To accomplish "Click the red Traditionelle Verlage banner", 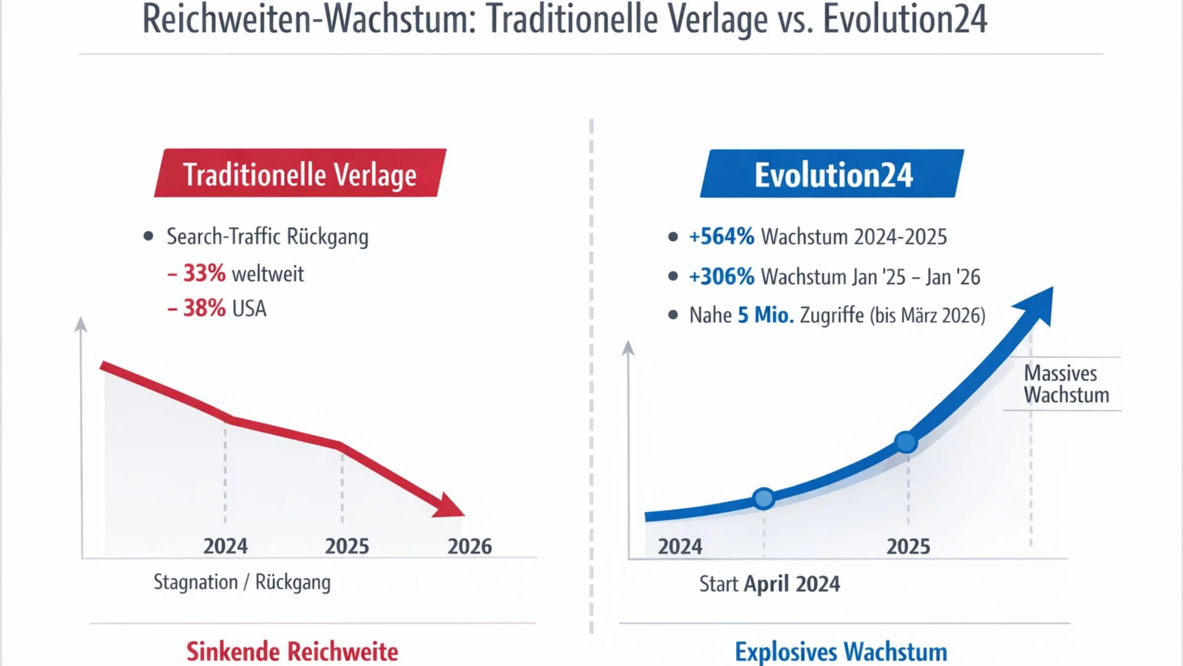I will [300, 173].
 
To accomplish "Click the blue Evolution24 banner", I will [832, 174].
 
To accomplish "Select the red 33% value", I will [204, 273].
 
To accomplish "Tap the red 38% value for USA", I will [204, 308].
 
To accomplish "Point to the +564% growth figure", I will [722, 237].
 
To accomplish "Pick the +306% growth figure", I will [722, 277].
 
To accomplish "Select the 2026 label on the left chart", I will [470, 546].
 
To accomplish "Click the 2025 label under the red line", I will [347, 546].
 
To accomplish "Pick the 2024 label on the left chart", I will [226, 546].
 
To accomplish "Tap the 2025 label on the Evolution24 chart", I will [908, 546].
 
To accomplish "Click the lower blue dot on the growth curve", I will [764, 498].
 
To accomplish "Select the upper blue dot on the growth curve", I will [906, 442].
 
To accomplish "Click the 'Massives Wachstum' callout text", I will [1066, 384].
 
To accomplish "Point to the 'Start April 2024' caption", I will [770, 584].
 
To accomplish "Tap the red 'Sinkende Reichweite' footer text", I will [292, 651].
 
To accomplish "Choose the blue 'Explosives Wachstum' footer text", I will [841, 652].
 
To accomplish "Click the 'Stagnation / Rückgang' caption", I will [242, 582].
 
